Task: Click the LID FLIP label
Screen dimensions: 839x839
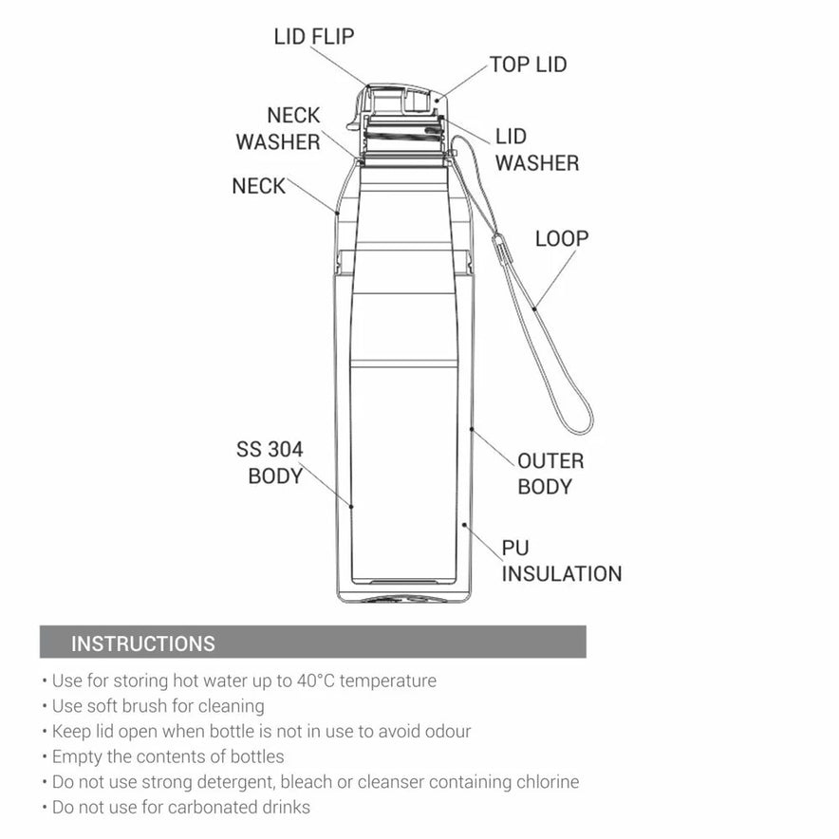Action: click(314, 37)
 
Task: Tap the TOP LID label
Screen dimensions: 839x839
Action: click(529, 65)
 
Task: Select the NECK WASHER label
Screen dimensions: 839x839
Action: click(278, 128)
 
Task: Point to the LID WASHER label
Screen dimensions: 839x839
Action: click(536, 150)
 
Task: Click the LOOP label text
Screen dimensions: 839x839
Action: click(562, 238)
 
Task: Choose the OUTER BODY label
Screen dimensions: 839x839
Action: click(550, 475)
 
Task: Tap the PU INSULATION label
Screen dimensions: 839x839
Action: click(562, 561)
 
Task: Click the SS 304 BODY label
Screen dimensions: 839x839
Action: click(270, 463)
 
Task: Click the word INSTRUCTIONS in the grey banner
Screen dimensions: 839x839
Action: click(143, 643)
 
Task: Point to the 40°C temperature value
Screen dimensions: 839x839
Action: click(316, 681)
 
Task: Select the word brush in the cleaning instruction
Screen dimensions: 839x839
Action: click(146, 706)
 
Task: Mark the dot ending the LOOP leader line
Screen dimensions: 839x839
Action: click(534, 308)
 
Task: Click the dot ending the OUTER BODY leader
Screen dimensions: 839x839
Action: click(472, 429)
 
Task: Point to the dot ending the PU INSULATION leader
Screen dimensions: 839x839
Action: click(464, 525)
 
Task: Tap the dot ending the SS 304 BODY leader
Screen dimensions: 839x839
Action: click(351, 506)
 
